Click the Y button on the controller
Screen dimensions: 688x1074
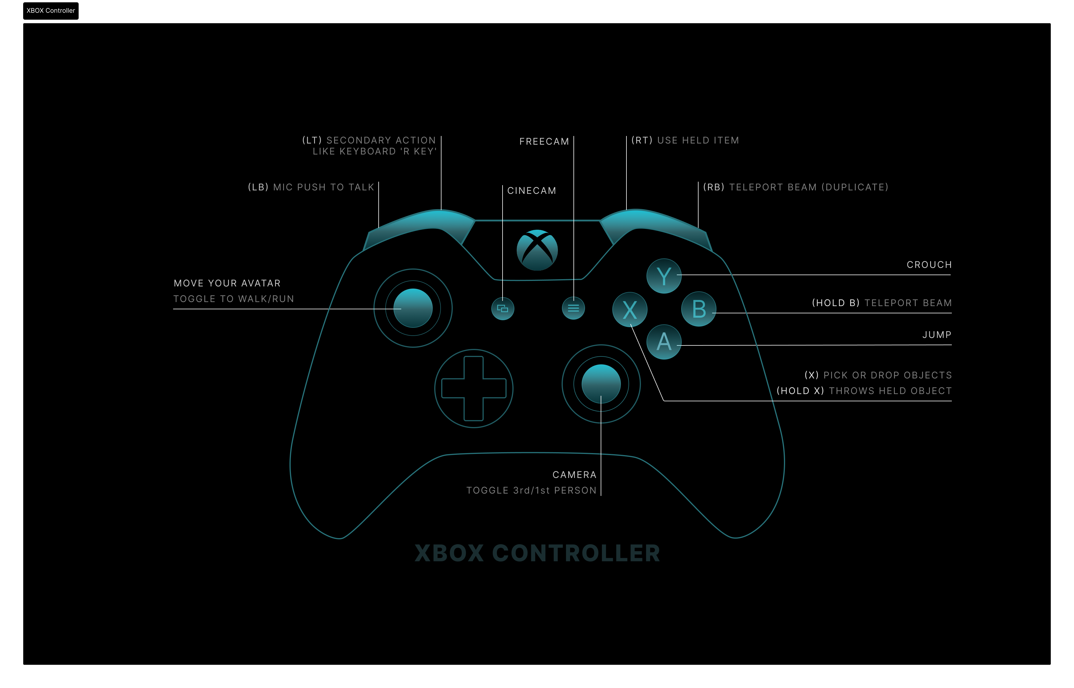tap(664, 276)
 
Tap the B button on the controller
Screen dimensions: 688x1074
tap(699, 309)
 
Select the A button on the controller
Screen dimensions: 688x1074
tap(664, 342)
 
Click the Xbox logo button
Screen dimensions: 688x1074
tap(537, 250)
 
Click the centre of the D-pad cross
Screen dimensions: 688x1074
tap(474, 388)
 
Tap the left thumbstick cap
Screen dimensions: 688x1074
tap(413, 308)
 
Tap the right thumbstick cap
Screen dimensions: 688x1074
tap(601, 384)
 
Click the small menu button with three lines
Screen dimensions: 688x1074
tap(573, 308)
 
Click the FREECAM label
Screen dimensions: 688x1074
tap(544, 141)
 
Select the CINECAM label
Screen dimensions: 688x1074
tap(531, 191)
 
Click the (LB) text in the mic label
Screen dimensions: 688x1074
tap(258, 187)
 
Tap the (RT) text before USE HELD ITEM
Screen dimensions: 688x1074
tap(642, 140)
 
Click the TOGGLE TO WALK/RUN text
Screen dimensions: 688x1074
tap(234, 299)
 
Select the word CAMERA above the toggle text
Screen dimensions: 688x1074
tap(574, 475)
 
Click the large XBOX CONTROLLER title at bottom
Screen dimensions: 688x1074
tap(537, 553)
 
